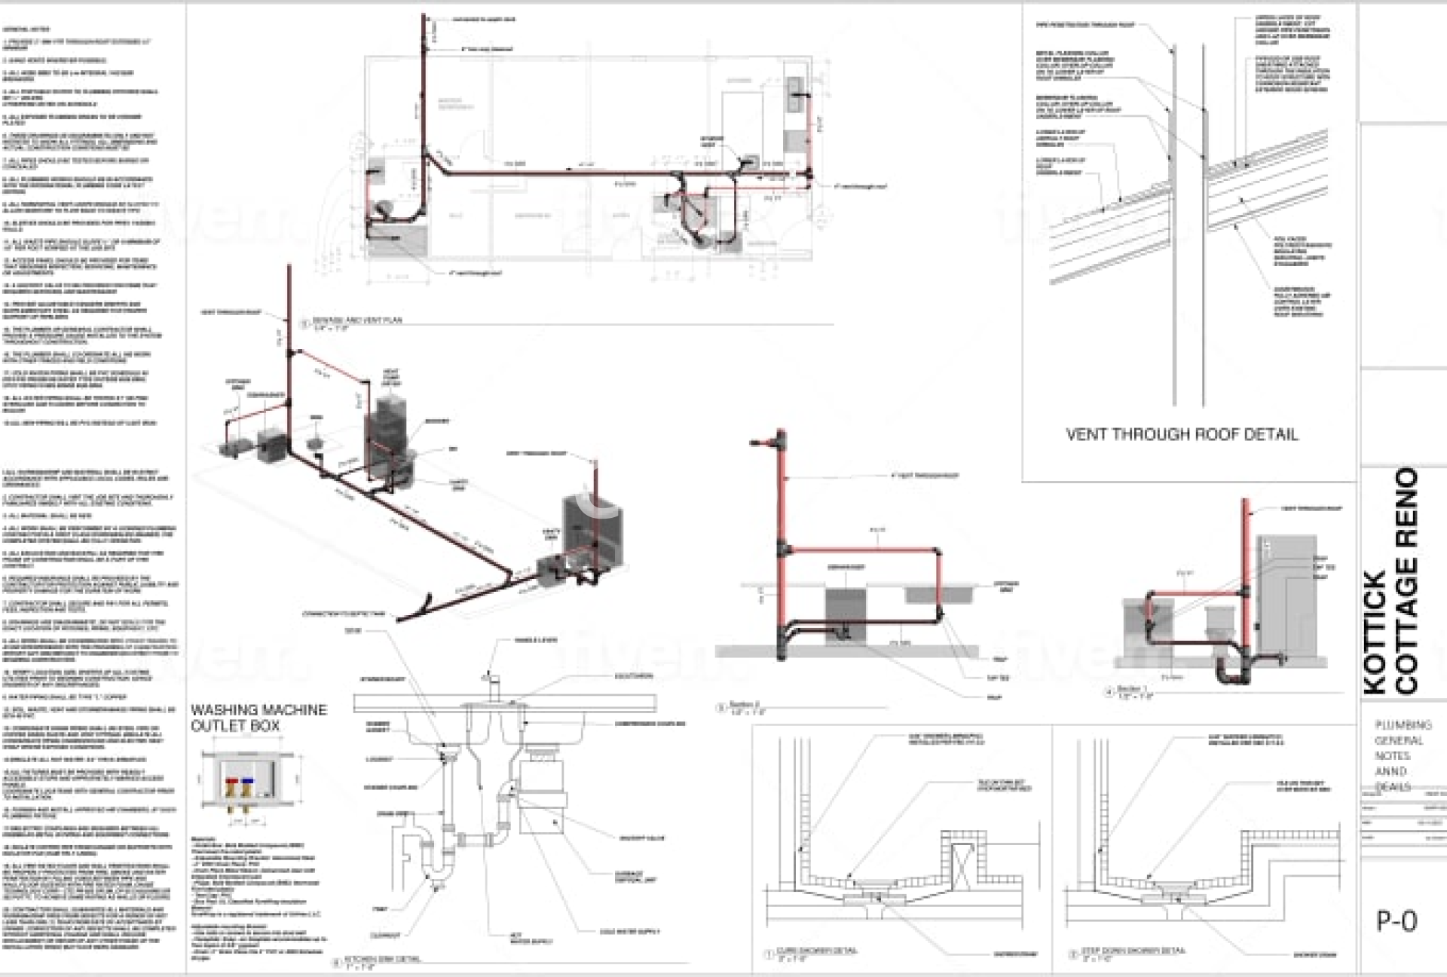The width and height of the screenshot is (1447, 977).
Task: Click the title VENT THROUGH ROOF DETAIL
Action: pyautogui.click(x=1181, y=435)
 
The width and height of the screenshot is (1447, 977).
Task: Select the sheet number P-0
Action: pyautogui.click(x=1397, y=921)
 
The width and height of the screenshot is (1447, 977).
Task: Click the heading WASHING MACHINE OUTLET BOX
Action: pyautogui.click(x=259, y=718)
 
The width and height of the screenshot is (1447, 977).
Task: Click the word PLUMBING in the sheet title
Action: pyautogui.click(x=1403, y=725)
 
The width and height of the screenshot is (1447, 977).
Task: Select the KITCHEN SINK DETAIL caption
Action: pyautogui.click(x=382, y=960)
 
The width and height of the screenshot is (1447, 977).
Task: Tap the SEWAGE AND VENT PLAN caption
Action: pyautogui.click(x=356, y=321)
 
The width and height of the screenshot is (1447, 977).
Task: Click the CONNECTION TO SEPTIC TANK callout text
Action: pyautogui.click(x=343, y=614)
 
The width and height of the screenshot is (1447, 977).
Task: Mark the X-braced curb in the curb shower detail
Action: pyautogui.click(x=960, y=859)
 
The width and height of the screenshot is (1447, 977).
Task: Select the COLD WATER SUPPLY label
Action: pyautogui.click(x=629, y=932)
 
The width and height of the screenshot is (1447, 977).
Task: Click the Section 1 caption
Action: pyautogui.click(x=1132, y=691)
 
